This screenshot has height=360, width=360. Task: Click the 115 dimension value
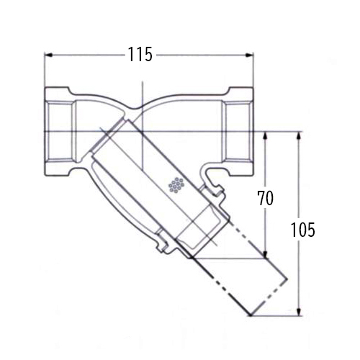point(140,54)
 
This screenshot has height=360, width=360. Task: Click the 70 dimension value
point(265,198)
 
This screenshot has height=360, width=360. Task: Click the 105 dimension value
point(302,230)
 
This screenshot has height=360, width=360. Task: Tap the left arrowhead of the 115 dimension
point(49,55)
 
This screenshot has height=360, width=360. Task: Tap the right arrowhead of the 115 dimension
point(249,55)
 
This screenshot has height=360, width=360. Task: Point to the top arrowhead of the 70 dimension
point(265,135)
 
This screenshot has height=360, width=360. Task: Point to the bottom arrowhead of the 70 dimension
point(265,254)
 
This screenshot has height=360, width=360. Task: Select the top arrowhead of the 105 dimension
point(299,135)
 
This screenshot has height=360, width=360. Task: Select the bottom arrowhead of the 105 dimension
point(299,312)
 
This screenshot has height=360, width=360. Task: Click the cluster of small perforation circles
point(176,185)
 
